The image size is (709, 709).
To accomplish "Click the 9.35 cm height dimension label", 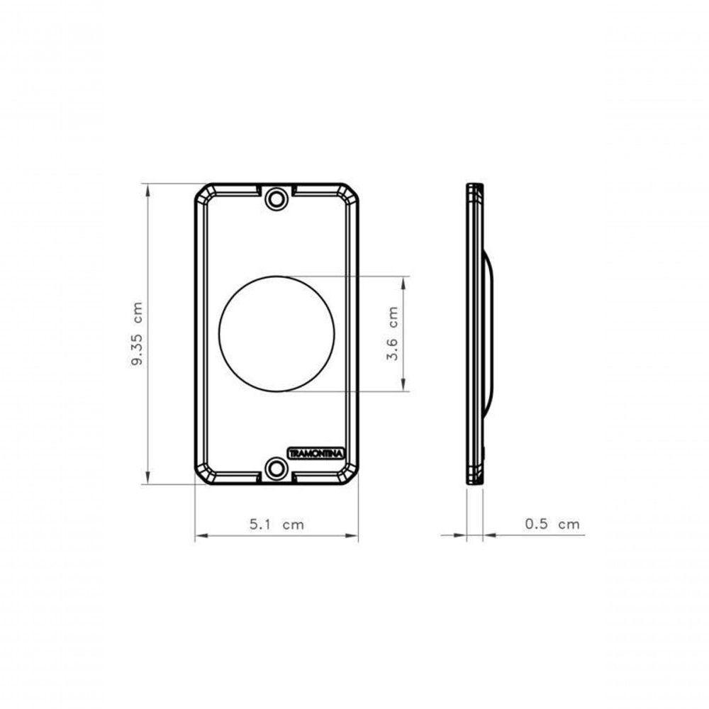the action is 137,334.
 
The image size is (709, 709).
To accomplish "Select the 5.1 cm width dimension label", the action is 277,524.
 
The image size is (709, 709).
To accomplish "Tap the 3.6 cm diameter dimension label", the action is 393,333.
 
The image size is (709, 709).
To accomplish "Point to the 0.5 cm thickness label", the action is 552,524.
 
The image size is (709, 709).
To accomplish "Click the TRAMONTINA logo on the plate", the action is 316,453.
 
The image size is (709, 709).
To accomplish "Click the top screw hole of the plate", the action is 277,199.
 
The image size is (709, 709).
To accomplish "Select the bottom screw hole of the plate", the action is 277,468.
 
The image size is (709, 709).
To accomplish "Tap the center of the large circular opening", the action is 277,334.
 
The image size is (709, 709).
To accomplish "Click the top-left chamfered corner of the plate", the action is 203,191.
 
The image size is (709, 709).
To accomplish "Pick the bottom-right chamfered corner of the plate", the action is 350,476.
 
